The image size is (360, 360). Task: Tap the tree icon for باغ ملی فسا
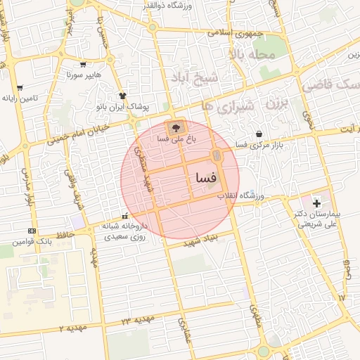pos(175,128)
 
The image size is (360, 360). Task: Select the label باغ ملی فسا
pos(172,140)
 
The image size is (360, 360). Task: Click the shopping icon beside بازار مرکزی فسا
pos(260,134)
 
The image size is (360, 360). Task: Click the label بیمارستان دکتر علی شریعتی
pos(316,219)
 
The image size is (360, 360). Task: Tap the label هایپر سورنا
pos(84,74)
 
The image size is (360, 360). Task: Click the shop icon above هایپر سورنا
pos(84,63)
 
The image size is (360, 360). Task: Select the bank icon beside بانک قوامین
pos(32,231)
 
